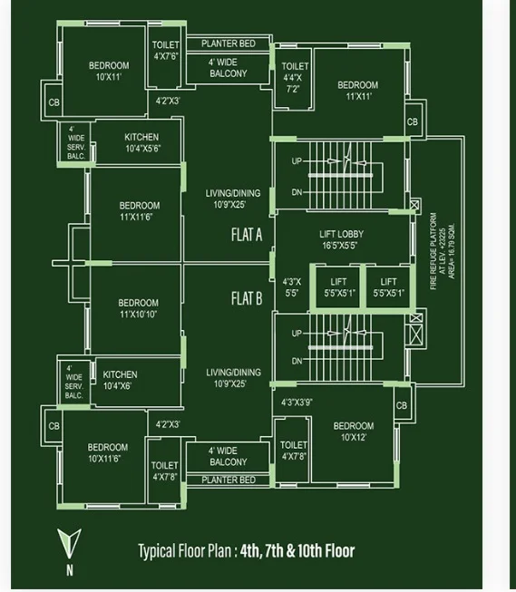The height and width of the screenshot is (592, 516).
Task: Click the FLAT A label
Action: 247,235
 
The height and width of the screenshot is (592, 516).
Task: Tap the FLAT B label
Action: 247,298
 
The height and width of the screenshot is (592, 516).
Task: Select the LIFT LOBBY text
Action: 341,234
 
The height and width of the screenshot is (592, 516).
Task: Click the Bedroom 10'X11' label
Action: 109,71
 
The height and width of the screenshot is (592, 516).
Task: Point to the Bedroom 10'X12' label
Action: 354,432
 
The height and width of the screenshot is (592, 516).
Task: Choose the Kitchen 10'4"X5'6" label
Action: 142,142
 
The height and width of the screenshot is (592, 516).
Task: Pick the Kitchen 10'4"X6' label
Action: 120,380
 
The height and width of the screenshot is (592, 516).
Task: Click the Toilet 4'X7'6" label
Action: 165,50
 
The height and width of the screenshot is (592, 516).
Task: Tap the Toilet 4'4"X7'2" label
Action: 295,77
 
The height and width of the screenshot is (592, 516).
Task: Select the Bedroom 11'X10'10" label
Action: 138,308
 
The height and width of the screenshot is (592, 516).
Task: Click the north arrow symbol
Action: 69,543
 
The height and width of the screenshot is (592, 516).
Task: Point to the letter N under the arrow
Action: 70,569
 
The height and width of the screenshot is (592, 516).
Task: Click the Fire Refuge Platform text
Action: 433,251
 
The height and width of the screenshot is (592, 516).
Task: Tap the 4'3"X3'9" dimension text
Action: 297,403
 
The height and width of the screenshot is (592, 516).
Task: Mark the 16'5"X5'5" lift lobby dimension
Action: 339,246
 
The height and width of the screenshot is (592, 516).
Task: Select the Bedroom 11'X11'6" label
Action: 140,211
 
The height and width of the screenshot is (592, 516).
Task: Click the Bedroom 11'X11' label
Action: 357,91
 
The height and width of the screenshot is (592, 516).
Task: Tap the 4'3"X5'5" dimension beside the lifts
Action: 292,287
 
